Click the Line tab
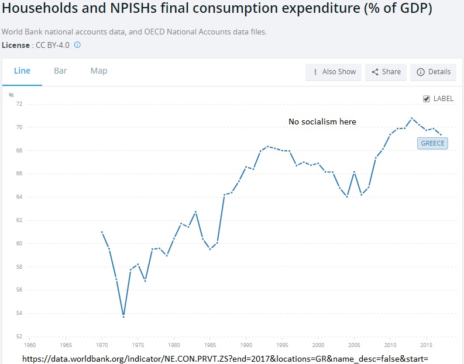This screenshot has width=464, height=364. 22,71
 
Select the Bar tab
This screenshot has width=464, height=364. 60,71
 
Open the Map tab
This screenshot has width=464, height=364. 99,71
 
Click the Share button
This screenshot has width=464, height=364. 386,72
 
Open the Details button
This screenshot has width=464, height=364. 433,72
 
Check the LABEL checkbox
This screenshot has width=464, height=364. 427,99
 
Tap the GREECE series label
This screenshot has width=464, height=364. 432,143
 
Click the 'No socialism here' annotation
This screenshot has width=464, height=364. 322,122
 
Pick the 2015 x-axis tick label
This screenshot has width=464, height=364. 427,345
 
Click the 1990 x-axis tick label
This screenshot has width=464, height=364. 246,345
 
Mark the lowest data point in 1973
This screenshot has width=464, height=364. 123,316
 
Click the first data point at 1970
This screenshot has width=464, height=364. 102,232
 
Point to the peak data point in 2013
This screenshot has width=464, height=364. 412,118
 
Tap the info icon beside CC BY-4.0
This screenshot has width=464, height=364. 77,44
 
